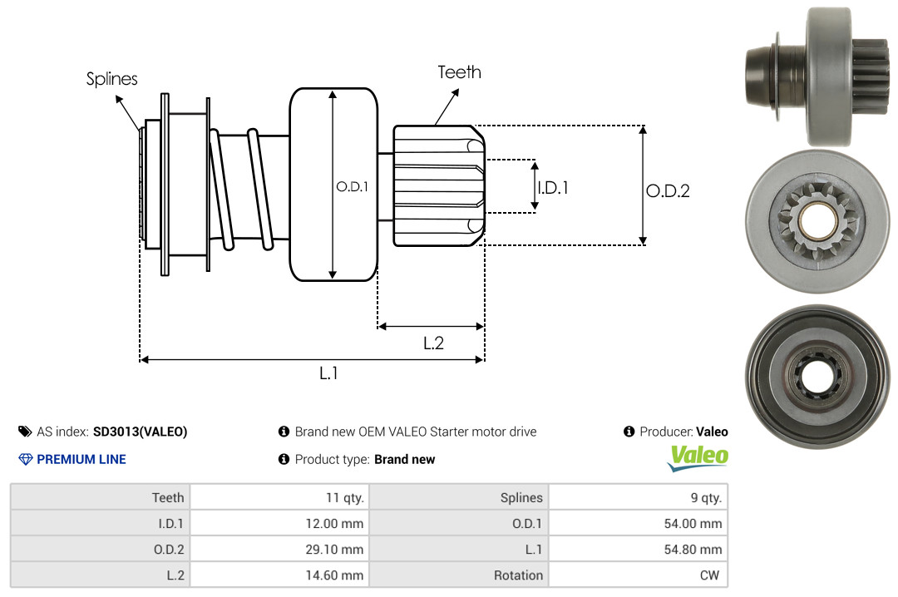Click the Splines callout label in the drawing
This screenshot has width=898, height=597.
[111, 79]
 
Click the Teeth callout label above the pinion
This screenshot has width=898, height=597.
[459, 72]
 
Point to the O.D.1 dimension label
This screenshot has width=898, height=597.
[351, 187]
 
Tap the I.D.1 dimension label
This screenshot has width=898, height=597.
[552, 188]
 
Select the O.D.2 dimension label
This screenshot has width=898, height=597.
[668, 191]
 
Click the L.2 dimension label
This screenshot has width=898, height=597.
[433, 343]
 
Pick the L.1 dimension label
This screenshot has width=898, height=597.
[328, 373]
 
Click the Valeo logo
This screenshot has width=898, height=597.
[698, 457]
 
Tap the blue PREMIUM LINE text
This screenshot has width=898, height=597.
[81, 459]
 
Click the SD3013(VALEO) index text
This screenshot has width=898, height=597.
[140, 432]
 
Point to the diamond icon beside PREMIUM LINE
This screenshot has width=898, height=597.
[25, 459]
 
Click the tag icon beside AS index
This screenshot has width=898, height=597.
[24, 432]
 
